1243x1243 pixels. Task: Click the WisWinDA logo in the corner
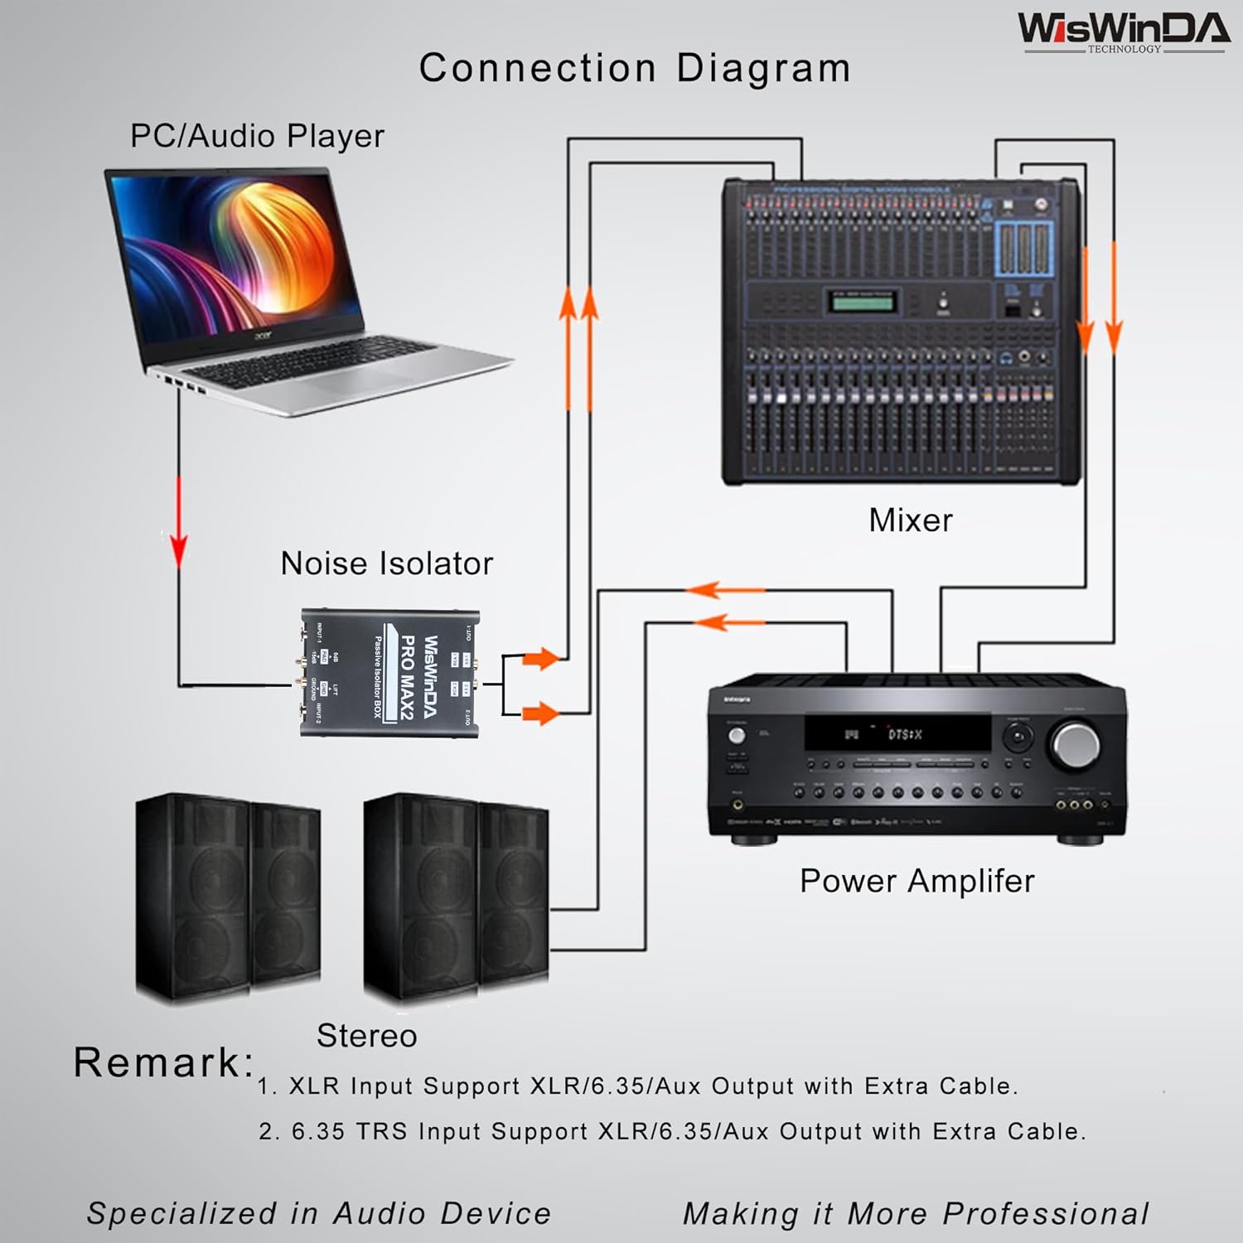(x=1123, y=31)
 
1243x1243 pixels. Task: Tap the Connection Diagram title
(x=635, y=68)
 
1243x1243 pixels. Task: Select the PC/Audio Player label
(x=257, y=136)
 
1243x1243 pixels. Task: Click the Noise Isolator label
(x=386, y=563)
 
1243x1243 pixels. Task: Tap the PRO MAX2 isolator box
(x=389, y=673)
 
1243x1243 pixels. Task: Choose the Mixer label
(x=910, y=520)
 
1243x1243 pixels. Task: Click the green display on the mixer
(x=863, y=302)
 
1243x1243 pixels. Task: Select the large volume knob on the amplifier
(x=1074, y=743)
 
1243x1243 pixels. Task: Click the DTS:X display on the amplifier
(x=899, y=733)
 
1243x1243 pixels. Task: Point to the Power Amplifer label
(x=917, y=881)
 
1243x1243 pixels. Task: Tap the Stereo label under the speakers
(x=366, y=1036)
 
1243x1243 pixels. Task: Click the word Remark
(x=162, y=1062)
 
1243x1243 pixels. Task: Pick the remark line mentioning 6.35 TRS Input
(x=671, y=1131)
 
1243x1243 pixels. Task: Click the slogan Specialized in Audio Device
(x=319, y=1213)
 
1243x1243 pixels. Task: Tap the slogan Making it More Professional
(x=916, y=1213)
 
